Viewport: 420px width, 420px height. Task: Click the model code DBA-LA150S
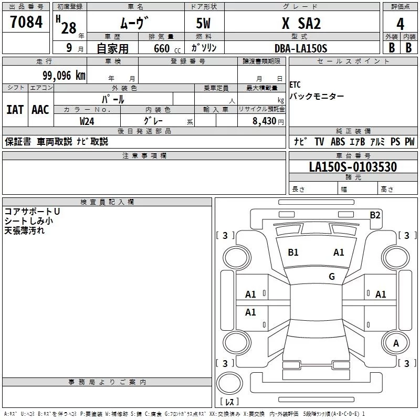pos(301,48)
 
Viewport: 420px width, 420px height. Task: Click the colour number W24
pos(87,120)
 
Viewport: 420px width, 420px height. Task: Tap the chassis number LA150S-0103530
pos(353,167)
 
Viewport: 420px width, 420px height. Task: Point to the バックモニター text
pos(317,96)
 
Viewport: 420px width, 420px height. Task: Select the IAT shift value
pos(15,110)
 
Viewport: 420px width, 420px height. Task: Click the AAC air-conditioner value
pos(40,110)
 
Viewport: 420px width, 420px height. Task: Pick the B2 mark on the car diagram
pos(375,215)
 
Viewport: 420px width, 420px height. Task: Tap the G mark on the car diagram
pos(332,276)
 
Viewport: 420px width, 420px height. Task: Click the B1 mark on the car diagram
pos(293,253)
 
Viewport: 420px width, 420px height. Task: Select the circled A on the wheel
pos(396,343)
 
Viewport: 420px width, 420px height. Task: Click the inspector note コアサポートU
pos(32,211)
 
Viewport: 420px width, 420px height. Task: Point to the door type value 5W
pos(204,23)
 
